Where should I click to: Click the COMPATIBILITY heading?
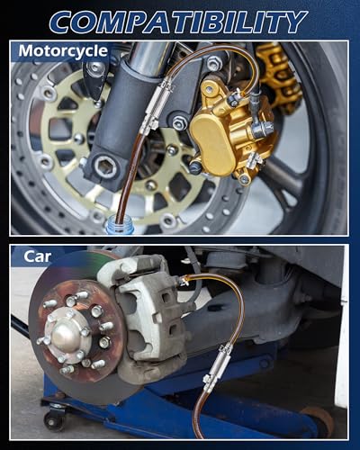(x=178, y=22)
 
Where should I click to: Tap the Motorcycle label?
(x=63, y=51)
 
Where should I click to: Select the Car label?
(x=37, y=256)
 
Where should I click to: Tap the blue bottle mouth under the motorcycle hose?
(x=120, y=228)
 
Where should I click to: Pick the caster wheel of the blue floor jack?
(x=53, y=420)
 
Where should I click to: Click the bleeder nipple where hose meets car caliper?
(x=183, y=281)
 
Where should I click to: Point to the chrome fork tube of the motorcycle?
(x=147, y=57)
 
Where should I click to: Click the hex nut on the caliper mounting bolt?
(x=179, y=123)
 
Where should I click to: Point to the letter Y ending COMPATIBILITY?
(x=292, y=22)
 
